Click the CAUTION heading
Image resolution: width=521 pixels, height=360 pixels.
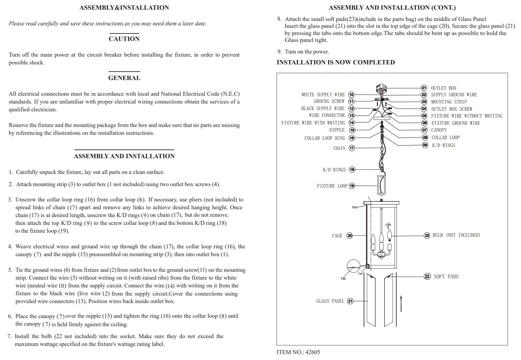pos(124,39)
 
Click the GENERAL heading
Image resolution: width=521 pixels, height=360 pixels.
pos(124,78)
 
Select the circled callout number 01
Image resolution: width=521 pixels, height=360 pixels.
pos(424,88)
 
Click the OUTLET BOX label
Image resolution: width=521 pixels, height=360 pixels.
pos(443,88)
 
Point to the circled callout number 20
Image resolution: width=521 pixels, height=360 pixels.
pos(350,236)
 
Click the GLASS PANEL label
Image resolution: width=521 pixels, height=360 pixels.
pos(330,301)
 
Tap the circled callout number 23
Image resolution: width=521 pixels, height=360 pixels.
pos(427,276)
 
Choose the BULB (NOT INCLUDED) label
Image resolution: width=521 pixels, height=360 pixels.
pos(456,235)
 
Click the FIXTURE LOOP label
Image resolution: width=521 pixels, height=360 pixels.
pos(332,186)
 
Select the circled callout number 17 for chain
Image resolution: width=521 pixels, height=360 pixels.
pos(352,148)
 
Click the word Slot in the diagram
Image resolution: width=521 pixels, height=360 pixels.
pos(355,207)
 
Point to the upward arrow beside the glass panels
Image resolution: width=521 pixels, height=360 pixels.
pos(401,303)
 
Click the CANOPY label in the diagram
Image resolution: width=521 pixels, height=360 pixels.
pos(439,130)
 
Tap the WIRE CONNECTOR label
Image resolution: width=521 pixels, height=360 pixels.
pos(327,115)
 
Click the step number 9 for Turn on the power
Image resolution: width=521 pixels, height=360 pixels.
pos(279,52)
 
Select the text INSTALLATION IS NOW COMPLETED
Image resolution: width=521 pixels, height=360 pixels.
pos(335,62)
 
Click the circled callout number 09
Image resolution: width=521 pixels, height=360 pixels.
pos(425,145)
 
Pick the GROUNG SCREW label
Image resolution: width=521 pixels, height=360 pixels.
pos(329,101)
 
